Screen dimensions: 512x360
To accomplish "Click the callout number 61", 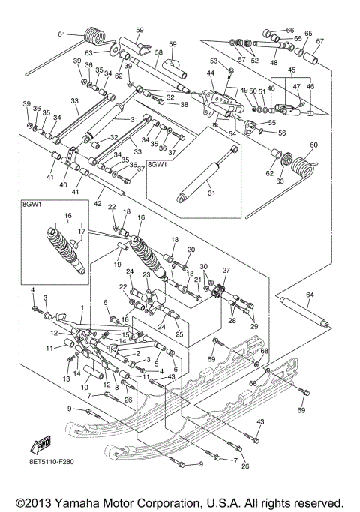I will (x=63, y=34).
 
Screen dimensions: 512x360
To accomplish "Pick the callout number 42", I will (x=96, y=203).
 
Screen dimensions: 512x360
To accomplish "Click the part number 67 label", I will (x=319, y=41).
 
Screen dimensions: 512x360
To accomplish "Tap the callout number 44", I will (x=211, y=73).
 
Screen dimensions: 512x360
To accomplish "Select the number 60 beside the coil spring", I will (x=314, y=145).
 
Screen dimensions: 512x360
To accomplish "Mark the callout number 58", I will (x=158, y=53).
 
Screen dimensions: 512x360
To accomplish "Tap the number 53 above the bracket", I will (x=214, y=61).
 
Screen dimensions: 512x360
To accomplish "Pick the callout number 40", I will (x=62, y=184).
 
